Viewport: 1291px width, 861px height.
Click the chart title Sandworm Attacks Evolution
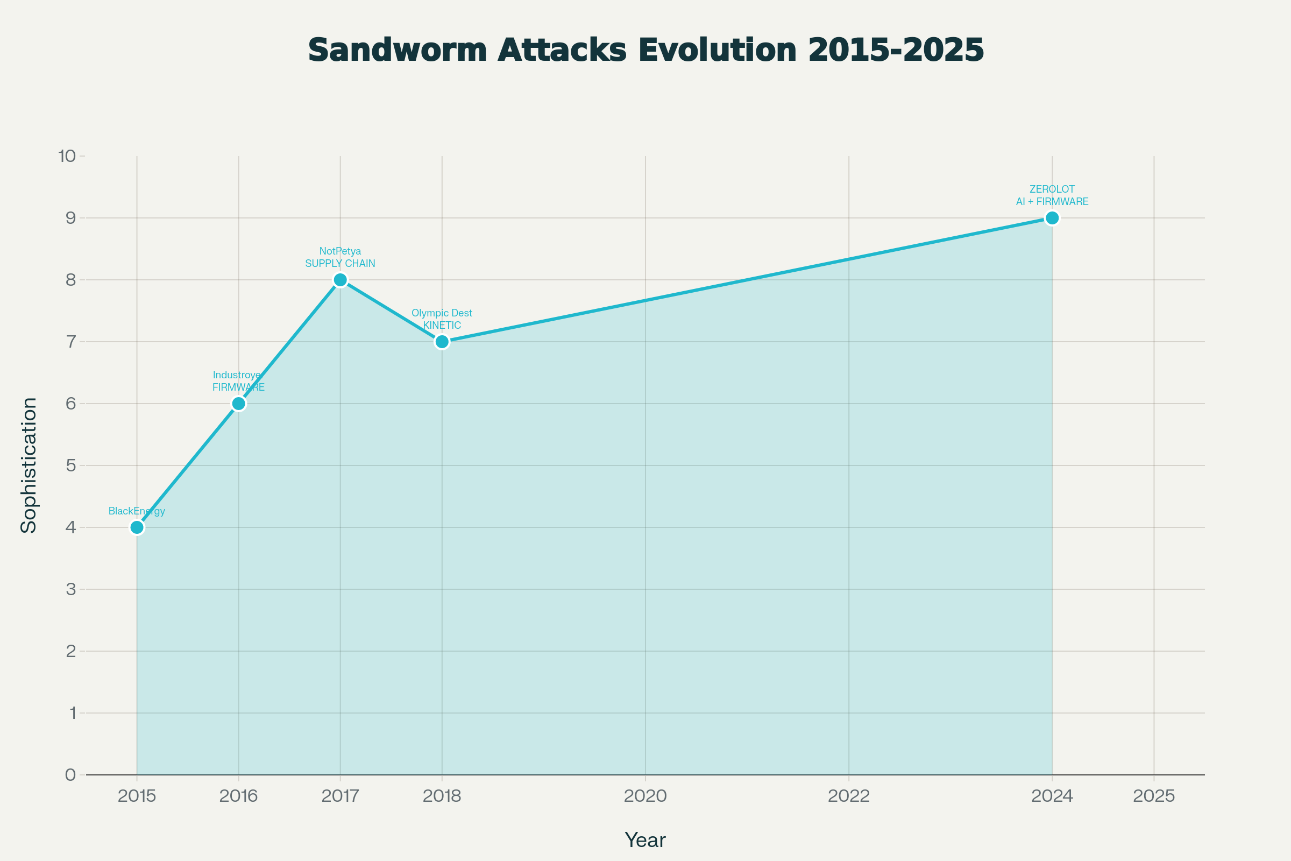coord(645,51)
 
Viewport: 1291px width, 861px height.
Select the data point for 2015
coord(137,527)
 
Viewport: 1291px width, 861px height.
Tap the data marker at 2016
coord(239,404)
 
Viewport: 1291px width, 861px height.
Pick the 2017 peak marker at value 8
coord(341,280)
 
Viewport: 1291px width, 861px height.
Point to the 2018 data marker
coord(442,342)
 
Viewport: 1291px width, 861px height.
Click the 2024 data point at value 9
coord(1052,218)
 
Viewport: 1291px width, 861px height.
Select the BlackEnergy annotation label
coord(137,511)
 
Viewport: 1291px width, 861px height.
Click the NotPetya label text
coord(341,251)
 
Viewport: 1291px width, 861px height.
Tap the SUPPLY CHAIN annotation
coord(341,264)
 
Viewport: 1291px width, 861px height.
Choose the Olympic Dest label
coord(442,313)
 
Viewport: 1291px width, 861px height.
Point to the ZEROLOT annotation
coord(1052,189)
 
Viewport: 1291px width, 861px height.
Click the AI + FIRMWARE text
coord(1052,201)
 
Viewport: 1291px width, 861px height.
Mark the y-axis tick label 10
coord(67,156)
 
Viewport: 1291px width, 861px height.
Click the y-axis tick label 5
coord(71,465)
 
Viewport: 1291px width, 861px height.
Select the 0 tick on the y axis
coord(71,775)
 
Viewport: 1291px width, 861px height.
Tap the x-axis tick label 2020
coord(645,796)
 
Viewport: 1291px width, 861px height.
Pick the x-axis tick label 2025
coord(1154,796)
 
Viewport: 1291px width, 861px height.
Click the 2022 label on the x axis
coord(849,796)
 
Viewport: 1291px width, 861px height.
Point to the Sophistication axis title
coord(29,465)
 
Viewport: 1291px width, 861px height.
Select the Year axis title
coord(645,840)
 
